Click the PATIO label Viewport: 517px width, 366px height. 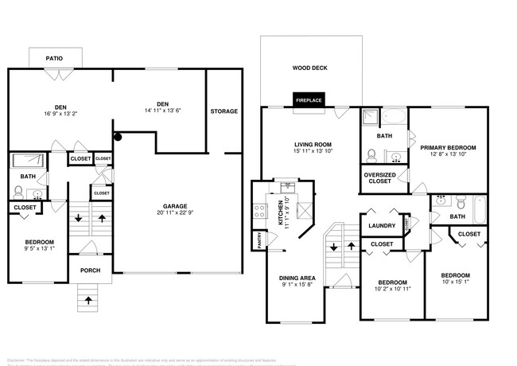point(54,58)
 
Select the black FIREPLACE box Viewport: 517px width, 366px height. point(308,101)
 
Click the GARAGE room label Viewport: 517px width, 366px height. point(175,205)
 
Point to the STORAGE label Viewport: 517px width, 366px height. point(224,111)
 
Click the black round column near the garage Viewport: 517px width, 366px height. point(118,136)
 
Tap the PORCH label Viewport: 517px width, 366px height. point(89,269)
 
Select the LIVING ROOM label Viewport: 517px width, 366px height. point(307,143)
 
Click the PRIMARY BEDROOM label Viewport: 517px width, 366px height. point(448,147)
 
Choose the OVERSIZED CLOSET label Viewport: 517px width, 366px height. point(379,177)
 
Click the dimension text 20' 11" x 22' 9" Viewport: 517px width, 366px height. point(175,212)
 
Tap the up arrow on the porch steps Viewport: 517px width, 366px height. point(88,301)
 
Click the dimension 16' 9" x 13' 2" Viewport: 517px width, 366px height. point(60,113)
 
